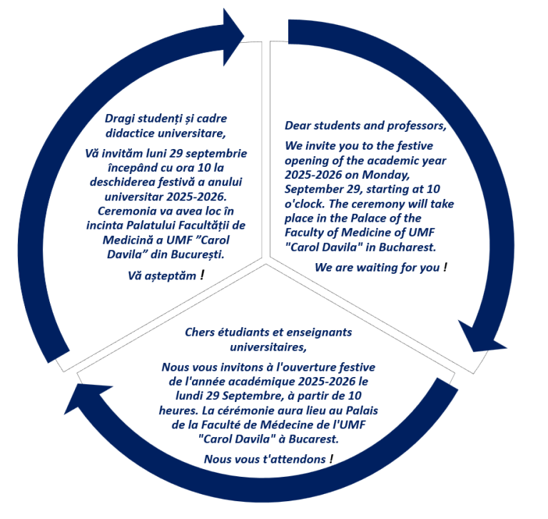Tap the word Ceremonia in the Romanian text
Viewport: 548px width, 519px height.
(x=121, y=212)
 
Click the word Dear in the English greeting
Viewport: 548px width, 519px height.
(x=300, y=126)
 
